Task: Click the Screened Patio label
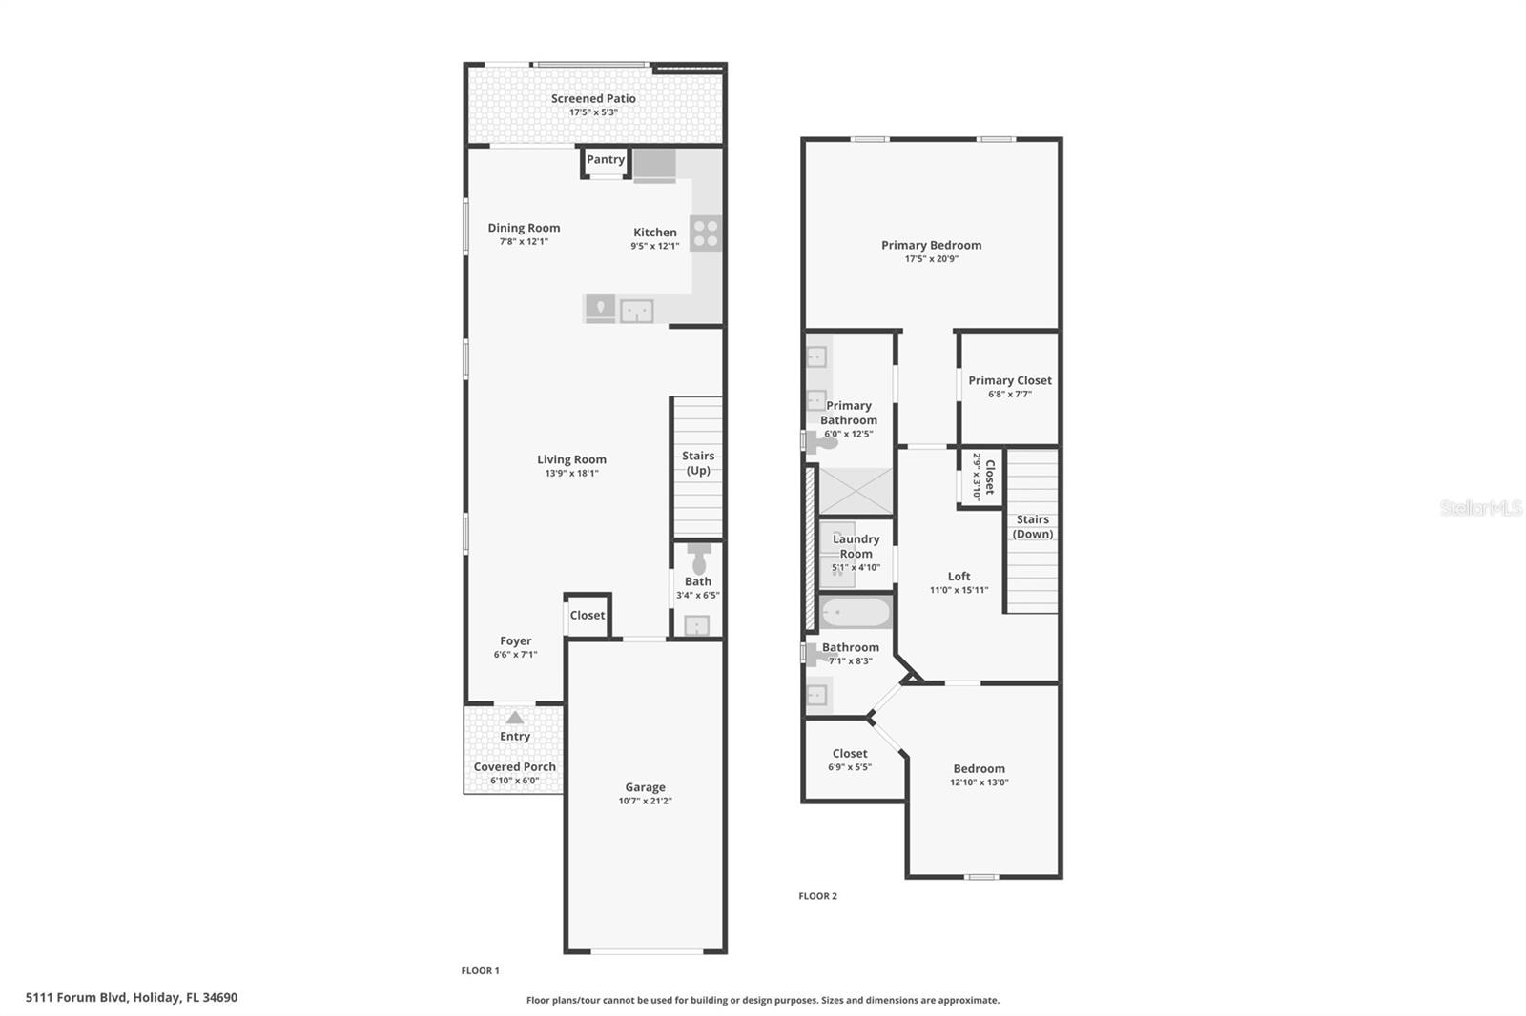point(593,99)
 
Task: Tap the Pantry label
point(606,159)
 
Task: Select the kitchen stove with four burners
point(706,233)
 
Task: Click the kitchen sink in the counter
point(636,312)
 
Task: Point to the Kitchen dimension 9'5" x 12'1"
point(654,247)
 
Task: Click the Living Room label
point(571,459)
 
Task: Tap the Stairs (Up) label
point(698,463)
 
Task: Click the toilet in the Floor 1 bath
point(699,559)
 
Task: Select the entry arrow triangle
point(515,717)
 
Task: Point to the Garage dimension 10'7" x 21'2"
point(645,801)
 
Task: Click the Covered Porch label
point(515,767)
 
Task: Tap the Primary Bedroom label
point(931,245)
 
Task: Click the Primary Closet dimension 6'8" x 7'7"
point(1010,395)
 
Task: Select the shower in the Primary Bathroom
point(856,491)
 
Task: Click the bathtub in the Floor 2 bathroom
point(856,612)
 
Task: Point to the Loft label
point(959,576)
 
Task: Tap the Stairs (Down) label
point(1033,526)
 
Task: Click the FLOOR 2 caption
point(818,896)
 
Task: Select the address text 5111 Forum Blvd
point(76,998)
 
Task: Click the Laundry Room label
point(856,546)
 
